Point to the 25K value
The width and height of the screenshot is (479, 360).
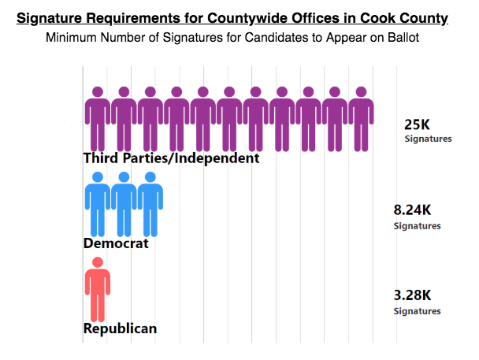click(418, 124)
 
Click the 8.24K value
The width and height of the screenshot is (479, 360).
click(412, 210)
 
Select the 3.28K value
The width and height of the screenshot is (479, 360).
click(412, 295)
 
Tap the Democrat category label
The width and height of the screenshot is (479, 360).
click(116, 243)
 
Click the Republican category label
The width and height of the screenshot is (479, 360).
click(120, 328)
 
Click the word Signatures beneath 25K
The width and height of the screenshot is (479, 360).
click(428, 139)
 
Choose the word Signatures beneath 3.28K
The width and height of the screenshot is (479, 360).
click(417, 311)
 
